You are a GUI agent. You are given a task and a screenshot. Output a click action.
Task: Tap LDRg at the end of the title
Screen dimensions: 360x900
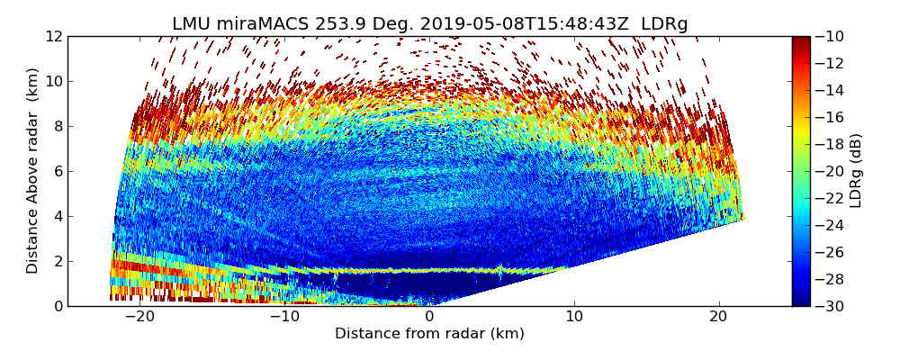click(x=664, y=24)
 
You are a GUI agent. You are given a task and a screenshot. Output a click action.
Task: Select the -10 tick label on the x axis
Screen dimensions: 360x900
click(x=284, y=317)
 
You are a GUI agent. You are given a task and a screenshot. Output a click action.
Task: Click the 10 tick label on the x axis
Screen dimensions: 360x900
click(x=574, y=317)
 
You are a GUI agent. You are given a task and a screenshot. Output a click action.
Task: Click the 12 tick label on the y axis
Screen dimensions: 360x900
click(x=55, y=36)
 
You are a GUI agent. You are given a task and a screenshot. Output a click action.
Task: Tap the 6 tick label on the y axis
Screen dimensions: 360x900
click(x=58, y=171)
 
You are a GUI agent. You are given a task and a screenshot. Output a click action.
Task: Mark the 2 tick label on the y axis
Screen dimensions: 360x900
click(x=58, y=261)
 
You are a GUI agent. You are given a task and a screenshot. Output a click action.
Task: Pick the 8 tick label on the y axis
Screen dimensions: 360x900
click(x=58, y=126)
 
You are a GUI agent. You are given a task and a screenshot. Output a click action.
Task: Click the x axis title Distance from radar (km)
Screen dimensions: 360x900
click(x=429, y=334)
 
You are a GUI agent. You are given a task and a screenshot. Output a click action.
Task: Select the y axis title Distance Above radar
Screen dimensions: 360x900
click(x=33, y=171)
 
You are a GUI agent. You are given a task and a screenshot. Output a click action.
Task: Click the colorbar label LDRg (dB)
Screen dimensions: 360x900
click(x=856, y=171)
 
